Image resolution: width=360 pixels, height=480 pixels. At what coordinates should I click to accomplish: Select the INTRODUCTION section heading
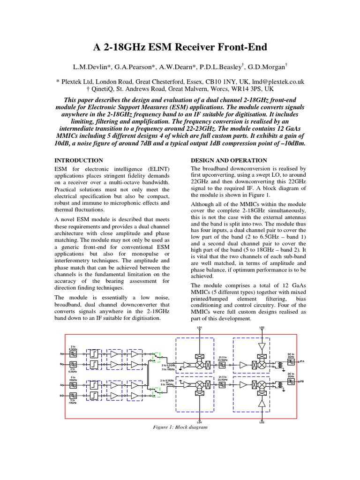79,160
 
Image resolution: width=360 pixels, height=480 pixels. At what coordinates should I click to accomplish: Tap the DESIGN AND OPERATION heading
229,160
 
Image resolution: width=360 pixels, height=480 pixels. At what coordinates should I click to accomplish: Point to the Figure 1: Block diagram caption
180,427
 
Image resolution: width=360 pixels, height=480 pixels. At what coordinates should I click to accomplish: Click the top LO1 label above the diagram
200,327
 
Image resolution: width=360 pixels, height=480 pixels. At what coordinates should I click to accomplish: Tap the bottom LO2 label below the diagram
262,422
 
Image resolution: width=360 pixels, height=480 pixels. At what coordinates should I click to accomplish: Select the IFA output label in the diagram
302,361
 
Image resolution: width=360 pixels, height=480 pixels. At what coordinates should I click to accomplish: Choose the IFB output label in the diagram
302,382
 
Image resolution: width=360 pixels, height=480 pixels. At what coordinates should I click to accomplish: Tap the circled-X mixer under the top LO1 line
200,364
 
